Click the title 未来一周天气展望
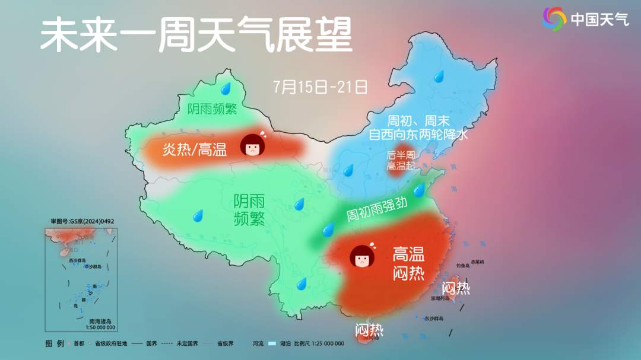point(196,35)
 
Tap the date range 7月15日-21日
point(321,87)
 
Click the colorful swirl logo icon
point(554,19)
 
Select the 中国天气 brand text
point(599,20)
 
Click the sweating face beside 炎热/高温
point(253,144)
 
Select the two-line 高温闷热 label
point(408,264)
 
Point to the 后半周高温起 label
point(401,161)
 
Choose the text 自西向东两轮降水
point(418,135)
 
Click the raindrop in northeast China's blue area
point(439,76)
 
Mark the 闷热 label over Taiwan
point(456,288)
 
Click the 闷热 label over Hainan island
point(369,329)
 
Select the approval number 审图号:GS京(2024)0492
point(82,221)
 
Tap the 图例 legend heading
point(54,343)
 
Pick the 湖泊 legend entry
point(280,343)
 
